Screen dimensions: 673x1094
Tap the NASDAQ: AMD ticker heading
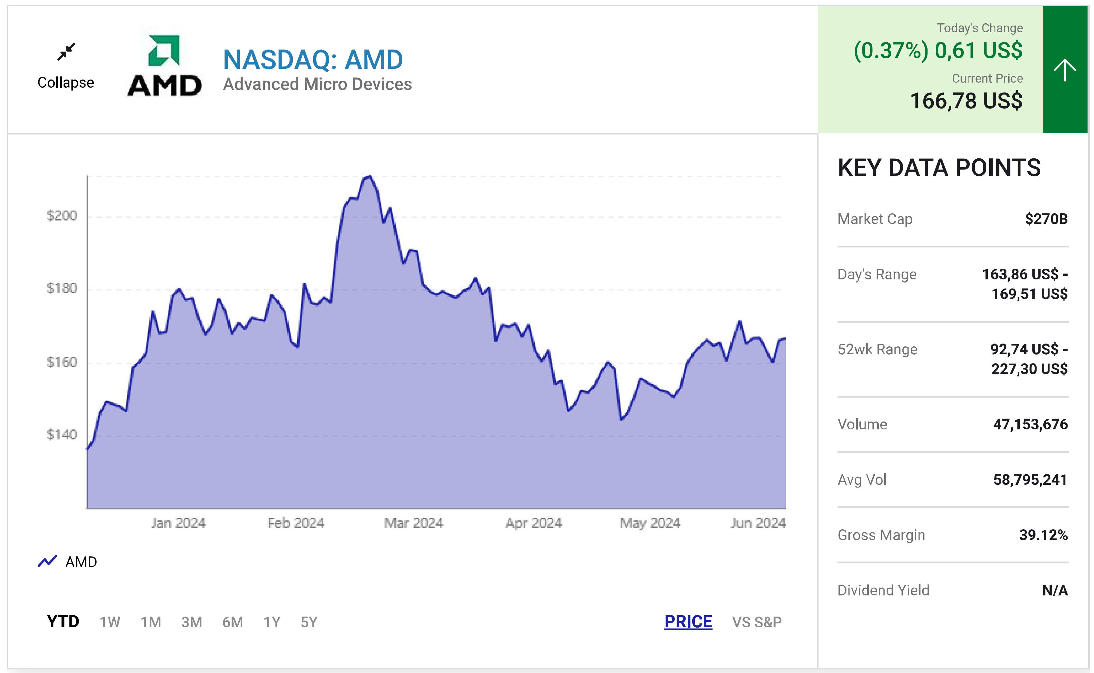313,60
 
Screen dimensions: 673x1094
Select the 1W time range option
110,622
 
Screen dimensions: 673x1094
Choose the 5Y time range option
309,622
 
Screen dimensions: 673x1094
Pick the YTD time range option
63,621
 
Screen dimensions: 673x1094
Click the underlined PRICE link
688,621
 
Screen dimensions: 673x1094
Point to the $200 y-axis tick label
62,216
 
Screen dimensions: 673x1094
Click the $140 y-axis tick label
62,434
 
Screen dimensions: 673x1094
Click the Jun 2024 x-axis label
758,523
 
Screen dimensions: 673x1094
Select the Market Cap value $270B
1046,219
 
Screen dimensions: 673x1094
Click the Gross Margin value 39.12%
1043,535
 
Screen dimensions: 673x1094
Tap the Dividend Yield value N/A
1055,590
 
